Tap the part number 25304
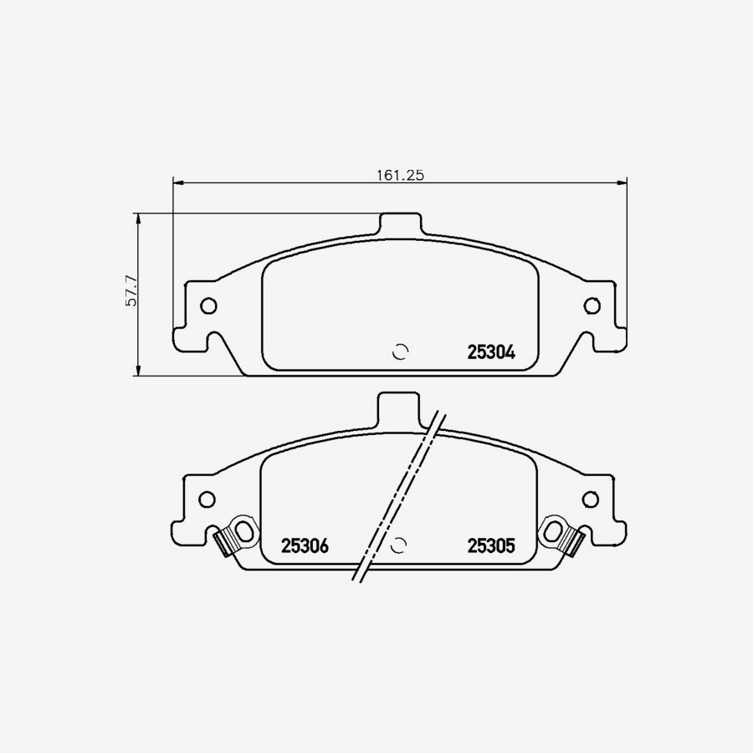pos(489,353)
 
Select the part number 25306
pos(305,546)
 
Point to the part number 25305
pos(489,546)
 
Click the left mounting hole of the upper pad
pos(208,305)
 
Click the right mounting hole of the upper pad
pos(592,305)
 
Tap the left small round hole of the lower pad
pos(206,499)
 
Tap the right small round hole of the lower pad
pos(591,499)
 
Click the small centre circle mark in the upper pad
pos(401,351)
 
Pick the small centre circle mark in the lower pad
pos(400,545)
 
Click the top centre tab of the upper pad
pos(400,224)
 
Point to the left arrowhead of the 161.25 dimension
pos(176,182)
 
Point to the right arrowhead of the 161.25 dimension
pos(622,182)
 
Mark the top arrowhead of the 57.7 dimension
pos(139,217)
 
